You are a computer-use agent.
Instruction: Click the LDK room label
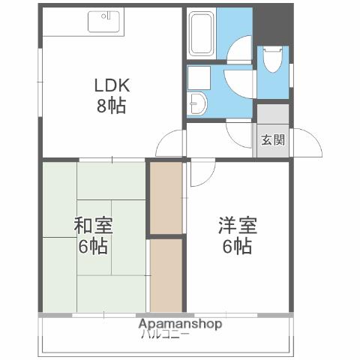pyautogui.click(x=110, y=85)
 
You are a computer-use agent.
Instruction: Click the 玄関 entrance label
pyautogui.click(x=273, y=139)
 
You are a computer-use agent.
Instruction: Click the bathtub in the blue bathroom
pyautogui.click(x=201, y=33)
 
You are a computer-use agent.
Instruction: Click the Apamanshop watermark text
pyautogui.click(x=180, y=324)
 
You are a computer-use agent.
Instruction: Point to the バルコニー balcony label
pyautogui.click(x=164, y=334)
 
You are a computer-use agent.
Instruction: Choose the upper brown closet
pyautogui.click(x=166, y=197)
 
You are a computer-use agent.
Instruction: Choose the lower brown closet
pyautogui.click(x=166, y=274)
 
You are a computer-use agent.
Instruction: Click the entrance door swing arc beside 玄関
pyautogui.click(x=307, y=142)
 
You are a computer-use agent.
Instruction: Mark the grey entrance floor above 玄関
pyautogui.click(x=273, y=114)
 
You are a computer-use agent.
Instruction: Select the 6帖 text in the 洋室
pyautogui.click(x=237, y=245)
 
